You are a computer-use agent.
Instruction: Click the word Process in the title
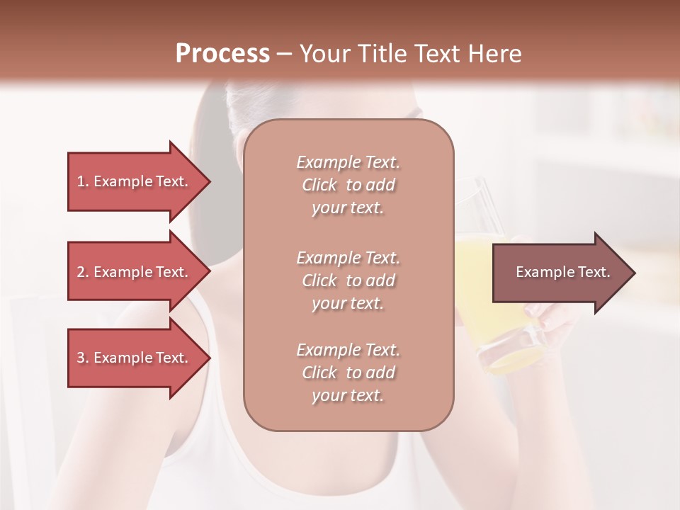point(222,54)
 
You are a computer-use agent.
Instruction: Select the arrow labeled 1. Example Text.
point(135,181)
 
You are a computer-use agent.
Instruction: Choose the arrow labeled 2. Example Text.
point(135,272)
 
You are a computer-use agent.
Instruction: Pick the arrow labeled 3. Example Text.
point(135,358)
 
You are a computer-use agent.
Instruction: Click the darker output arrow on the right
point(560,272)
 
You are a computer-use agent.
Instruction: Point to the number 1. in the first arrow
point(82,181)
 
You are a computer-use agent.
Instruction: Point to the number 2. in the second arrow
point(82,272)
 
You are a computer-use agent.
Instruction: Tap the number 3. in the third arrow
point(82,358)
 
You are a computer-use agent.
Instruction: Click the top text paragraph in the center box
point(348,185)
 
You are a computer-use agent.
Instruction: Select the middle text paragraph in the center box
point(348,280)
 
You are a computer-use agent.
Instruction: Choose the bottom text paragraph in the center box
point(348,373)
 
